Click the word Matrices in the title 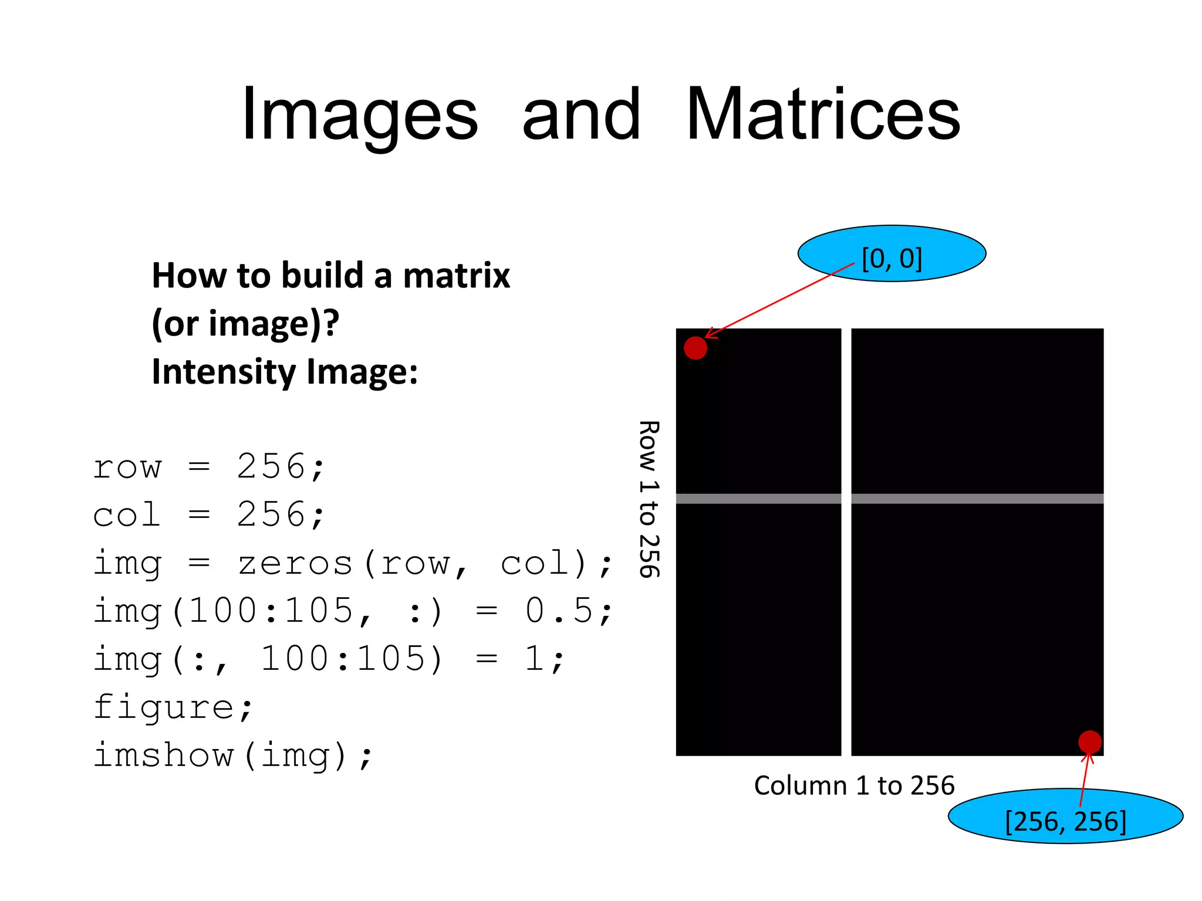pos(822,114)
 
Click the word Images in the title pos(360,116)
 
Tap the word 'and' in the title pos(581,114)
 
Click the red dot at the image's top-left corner pos(695,348)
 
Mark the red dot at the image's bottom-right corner pos(1090,742)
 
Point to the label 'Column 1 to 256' pos(854,785)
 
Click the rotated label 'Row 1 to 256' pos(649,499)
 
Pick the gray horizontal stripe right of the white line pos(977,499)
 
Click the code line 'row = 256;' pos(208,468)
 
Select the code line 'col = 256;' pos(208,515)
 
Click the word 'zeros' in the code pos(295,564)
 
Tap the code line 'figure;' pos(173,707)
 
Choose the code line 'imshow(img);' pos(232,756)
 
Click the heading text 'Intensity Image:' pos(285,372)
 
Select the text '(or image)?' pos(245,323)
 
